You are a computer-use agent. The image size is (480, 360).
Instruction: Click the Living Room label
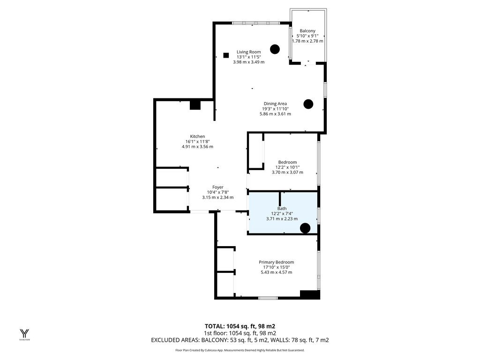point(248,52)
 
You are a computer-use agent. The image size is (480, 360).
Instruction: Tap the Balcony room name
point(307,31)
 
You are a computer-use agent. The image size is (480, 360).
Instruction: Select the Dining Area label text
point(275,104)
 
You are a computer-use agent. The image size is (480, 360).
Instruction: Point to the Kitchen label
point(197,136)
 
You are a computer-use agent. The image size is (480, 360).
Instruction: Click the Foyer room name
point(218,187)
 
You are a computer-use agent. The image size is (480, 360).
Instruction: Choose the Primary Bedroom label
point(277,262)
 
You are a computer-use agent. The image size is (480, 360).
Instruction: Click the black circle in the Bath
point(305,228)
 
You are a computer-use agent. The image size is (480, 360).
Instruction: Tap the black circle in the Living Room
point(275,49)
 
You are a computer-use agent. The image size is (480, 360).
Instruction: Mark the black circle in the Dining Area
point(308,104)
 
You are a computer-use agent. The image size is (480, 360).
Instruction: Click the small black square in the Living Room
point(226,55)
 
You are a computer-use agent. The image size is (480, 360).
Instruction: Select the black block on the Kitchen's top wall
point(195,105)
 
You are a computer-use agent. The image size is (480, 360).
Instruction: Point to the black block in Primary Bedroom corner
point(310,294)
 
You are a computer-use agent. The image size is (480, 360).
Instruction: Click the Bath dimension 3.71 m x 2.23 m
point(282,219)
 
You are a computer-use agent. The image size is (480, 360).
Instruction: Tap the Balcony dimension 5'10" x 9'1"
point(307,36)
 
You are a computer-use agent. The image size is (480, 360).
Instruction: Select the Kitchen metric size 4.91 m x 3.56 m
point(197,147)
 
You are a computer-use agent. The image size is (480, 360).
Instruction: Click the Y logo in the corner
point(24,333)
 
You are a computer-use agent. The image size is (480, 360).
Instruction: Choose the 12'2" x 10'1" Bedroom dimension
point(287,167)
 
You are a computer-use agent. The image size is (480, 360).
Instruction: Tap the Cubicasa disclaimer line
point(240,350)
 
